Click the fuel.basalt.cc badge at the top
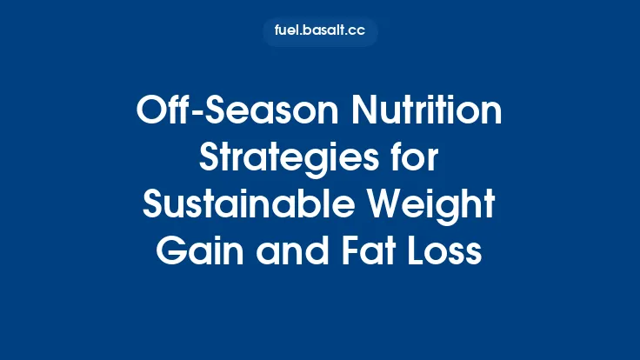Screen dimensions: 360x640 coord(320,32)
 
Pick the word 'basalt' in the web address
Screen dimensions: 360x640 coord(323,32)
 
